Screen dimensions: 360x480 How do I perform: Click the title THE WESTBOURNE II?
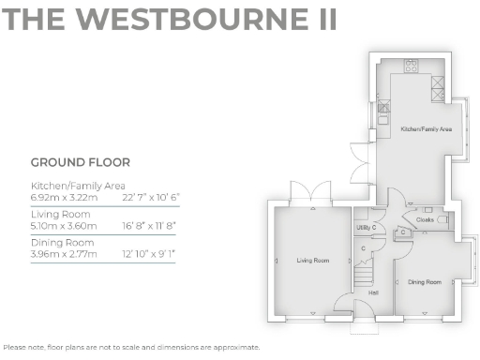tap(170, 22)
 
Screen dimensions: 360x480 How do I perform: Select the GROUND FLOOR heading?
tap(80, 162)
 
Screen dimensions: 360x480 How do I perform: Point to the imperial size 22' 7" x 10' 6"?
tap(150, 197)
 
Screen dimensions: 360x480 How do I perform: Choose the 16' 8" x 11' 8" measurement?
tap(150, 225)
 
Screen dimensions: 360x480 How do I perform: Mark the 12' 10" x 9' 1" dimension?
tap(149, 254)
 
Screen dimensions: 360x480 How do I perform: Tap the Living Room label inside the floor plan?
tap(313, 260)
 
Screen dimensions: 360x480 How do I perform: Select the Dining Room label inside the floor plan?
tap(424, 282)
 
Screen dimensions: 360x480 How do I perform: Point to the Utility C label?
tap(366, 228)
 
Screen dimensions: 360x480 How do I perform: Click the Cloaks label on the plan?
tap(425, 220)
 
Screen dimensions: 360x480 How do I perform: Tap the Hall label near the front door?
tap(373, 292)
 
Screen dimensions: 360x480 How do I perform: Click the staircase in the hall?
tap(368, 272)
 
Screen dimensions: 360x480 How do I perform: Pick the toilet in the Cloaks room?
tap(442, 219)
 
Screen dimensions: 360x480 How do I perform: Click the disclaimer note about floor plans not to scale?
tap(131, 347)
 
